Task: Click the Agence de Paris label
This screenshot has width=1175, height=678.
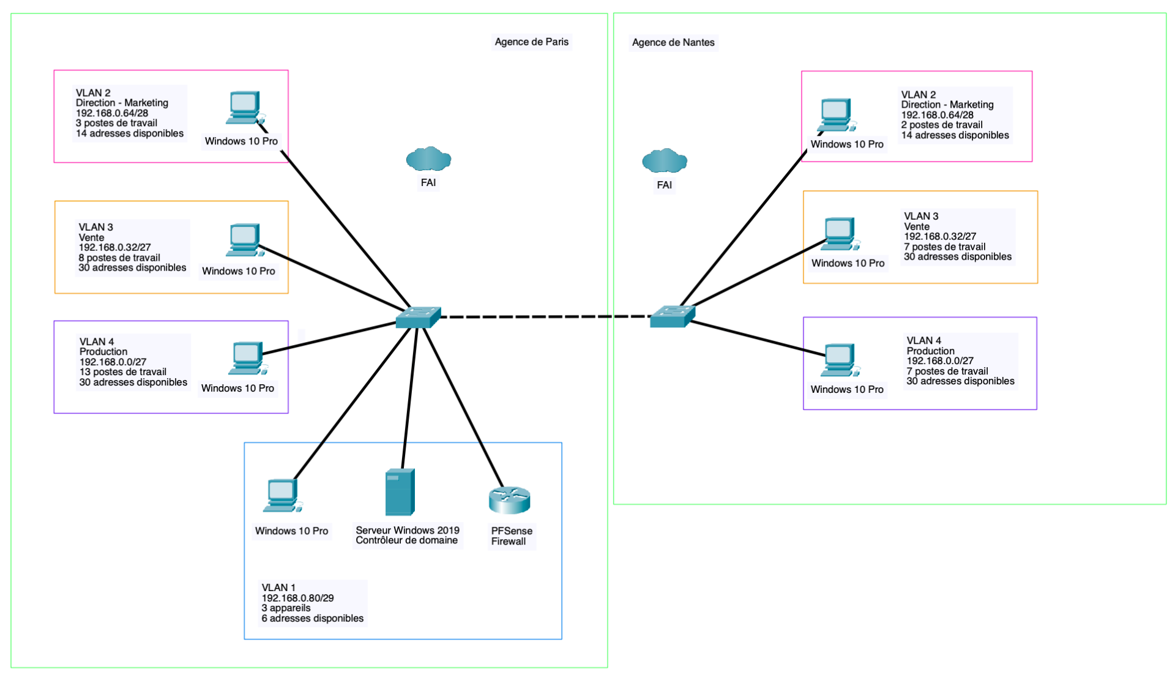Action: pyautogui.click(x=531, y=42)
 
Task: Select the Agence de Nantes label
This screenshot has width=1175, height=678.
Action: pyautogui.click(x=673, y=42)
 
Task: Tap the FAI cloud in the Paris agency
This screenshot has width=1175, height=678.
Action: pyautogui.click(x=428, y=159)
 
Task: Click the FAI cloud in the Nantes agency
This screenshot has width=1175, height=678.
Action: pyautogui.click(x=665, y=161)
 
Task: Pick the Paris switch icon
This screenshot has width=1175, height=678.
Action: pyautogui.click(x=418, y=317)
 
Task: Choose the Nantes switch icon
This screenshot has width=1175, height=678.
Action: pyautogui.click(x=672, y=316)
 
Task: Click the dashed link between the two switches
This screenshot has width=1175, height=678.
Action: pyautogui.click(x=545, y=316)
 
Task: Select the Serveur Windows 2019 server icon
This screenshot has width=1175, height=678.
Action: pyautogui.click(x=400, y=492)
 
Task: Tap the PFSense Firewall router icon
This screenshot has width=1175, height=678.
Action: pyautogui.click(x=509, y=500)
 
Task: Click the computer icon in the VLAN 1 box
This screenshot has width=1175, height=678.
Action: pyautogui.click(x=282, y=494)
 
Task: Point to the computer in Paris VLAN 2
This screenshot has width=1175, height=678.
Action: pyautogui.click(x=245, y=108)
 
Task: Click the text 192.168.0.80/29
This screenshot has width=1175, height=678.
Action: pyautogui.click(x=297, y=598)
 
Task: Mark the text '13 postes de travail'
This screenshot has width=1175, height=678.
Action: pyautogui.click(x=123, y=372)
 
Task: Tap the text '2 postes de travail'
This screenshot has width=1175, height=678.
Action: pyautogui.click(x=941, y=125)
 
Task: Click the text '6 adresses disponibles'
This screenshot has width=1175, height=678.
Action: pyautogui.click(x=312, y=619)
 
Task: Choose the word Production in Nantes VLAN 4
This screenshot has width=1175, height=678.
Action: pyautogui.click(x=930, y=351)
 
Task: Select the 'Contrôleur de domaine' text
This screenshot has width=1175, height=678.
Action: pyautogui.click(x=406, y=540)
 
